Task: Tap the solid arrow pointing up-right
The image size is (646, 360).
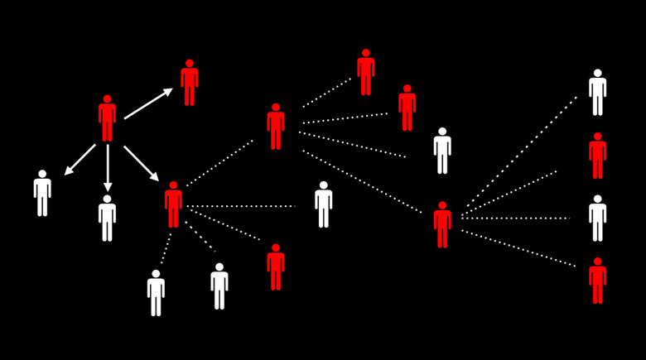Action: tap(148, 103)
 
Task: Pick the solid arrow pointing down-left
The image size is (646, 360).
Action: tap(80, 160)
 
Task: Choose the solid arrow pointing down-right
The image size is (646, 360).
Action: tap(141, 163)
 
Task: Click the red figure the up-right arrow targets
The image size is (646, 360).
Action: tap(190, 83)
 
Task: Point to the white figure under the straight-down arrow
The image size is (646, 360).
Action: tap(107, 218)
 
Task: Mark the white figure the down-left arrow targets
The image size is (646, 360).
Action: tap(42, 194)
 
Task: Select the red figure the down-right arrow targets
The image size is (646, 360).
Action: tap(173, 204)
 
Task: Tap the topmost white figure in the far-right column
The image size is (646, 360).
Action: tap(597, 93)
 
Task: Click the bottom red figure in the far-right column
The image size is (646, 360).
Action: tap(597, 281)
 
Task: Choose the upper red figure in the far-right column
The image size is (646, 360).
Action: tap(597, 156)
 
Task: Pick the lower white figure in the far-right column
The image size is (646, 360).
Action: tap(597, 218)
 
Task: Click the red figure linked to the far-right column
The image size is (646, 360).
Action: tap(442, 225)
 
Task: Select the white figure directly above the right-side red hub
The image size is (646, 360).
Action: tap(442, 151)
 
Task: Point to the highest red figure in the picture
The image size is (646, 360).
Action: tap(365, 73)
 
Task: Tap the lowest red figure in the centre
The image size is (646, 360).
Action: tap(276, 267)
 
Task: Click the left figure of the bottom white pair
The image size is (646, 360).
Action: tap(156, 293)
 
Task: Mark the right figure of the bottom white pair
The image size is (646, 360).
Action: tap(219, 286)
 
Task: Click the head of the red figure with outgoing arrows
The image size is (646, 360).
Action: tap(107, 98)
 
